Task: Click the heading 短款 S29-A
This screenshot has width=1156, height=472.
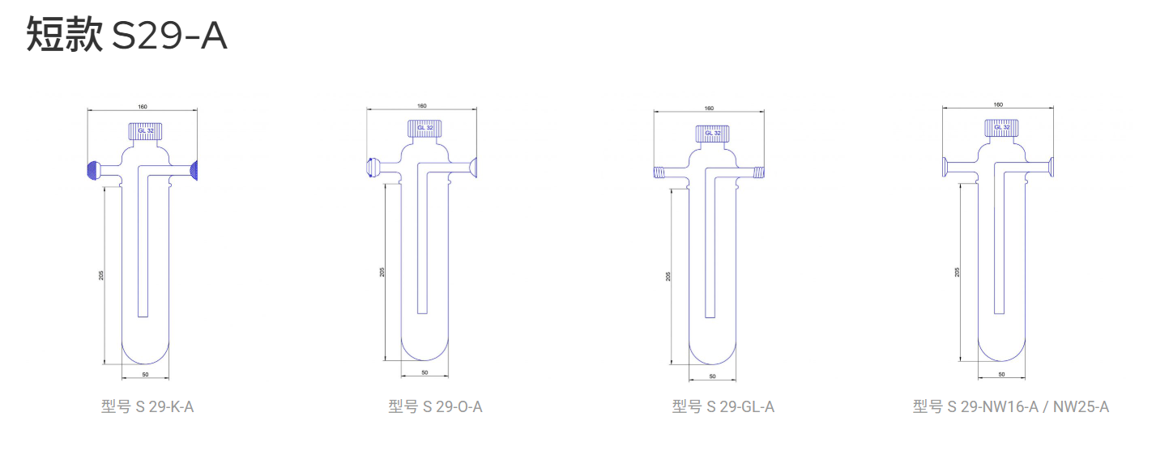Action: [x=127, y=35]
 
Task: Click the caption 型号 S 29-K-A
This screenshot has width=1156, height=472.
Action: [x=147, y=407]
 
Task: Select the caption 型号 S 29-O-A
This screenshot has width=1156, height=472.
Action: [x=435, y=407]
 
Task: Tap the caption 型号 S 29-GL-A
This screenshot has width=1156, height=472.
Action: [x=723, y=407]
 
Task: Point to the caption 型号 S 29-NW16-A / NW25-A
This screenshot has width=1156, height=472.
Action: [x=1010, y=407]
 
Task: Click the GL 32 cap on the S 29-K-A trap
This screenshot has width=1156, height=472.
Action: [x=145, y=131]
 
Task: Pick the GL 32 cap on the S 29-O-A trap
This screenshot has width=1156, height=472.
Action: [x=424, y=128]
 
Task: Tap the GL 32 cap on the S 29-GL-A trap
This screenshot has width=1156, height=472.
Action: [x=712, y=133]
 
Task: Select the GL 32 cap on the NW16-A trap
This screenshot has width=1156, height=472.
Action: [x=1002, y=127]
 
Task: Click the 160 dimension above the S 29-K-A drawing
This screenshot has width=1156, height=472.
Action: [x=143, y=107]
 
